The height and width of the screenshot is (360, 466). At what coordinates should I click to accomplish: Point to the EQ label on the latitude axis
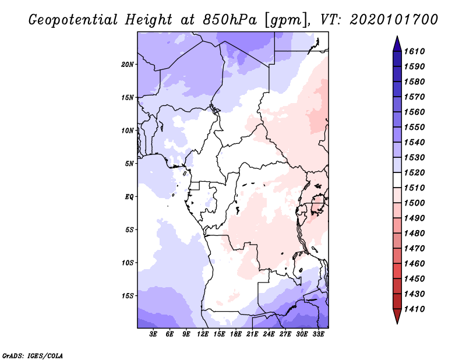click(130, 196)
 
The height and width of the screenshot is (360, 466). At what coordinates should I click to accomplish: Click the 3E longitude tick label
click(154, 334)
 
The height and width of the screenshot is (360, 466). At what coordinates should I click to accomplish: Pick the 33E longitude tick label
click(318, 334)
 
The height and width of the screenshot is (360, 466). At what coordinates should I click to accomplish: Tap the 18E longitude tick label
click(236, 334)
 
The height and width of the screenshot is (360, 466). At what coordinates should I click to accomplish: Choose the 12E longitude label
click(203, 334)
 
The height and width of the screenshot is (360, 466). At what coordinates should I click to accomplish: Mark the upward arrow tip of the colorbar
click(397, 37)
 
